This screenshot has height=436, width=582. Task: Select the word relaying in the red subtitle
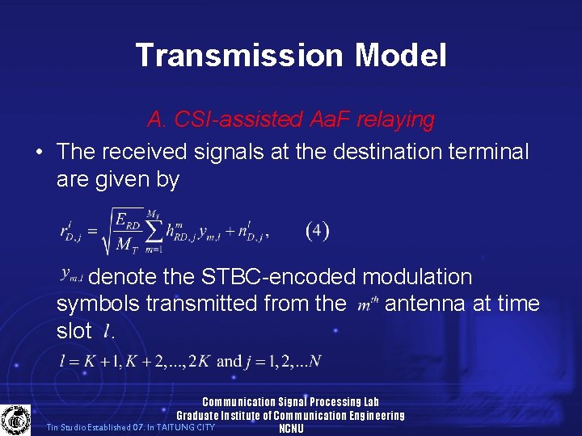tap(394, 120)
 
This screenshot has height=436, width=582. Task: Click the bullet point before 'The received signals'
tap(38, 152)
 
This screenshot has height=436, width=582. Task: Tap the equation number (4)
tap(318, 230)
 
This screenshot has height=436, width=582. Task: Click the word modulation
tap(417, 277)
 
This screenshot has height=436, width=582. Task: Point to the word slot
tap(74, 331)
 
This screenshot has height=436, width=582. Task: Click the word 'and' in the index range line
tap(230, 361)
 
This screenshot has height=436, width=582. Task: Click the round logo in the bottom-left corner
tap(15, 420)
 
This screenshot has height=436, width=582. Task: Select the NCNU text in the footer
tap(291, 429)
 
